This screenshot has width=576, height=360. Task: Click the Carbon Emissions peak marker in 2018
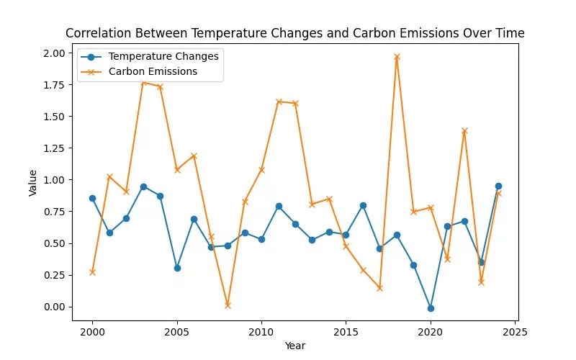coord(397,56)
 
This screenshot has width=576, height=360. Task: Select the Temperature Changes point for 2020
coord(431,308)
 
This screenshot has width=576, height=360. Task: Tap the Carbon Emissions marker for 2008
coord(228,305)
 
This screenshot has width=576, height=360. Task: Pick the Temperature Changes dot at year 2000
coord(92,198)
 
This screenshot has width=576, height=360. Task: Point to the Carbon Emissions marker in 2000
coord(92,272)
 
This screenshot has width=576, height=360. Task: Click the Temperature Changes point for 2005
coord(177,268)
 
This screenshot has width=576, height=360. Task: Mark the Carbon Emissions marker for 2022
coord(464,131)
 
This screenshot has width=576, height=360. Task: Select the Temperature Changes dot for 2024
coord(498,186)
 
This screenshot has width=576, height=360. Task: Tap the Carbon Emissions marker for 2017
coord(379,288)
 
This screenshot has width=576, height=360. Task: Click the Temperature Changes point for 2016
coord(363,205)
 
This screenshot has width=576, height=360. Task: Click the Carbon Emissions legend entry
coord(153,71)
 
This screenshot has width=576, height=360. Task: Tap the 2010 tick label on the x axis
coord(261,332)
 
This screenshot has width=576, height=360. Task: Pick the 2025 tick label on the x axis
coord(515,332)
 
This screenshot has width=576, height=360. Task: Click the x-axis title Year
coord(294,346)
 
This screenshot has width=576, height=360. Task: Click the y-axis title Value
coord(33,180)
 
